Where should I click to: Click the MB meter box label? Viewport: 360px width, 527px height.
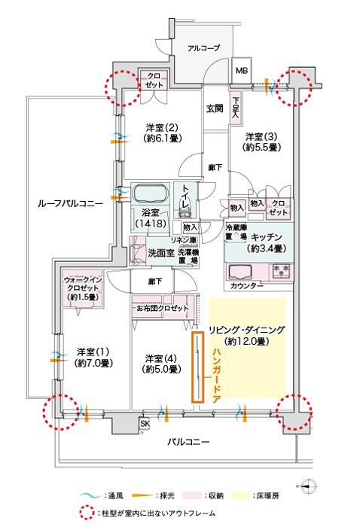(241, 71)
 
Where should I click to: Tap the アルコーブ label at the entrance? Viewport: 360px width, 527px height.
(203, 48)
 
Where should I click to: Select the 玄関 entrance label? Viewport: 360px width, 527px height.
(215, 108)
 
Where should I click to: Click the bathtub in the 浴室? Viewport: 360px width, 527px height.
(150, 194)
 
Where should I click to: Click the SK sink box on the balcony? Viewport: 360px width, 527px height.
(145, 424)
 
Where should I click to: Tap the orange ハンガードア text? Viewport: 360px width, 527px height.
(216, 376)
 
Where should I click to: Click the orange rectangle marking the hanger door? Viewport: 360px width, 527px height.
(197, 367)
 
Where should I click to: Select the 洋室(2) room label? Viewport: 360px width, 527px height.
(162, 133)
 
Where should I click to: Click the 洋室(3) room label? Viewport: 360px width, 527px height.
(261, 142)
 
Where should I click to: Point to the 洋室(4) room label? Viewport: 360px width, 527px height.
(162, 364)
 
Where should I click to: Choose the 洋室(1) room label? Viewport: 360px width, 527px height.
(93, 358)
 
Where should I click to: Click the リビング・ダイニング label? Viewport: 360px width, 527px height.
(247, 330)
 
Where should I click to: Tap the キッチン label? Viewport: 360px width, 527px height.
(266, 237)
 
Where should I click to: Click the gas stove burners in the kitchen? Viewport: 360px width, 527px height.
(281, 271)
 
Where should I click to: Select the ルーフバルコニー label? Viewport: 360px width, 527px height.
(70, 204)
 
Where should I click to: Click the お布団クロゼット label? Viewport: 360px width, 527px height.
(163, 308)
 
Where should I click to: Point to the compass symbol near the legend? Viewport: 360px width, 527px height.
(309, 486)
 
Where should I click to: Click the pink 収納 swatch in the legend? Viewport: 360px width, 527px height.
(193, 495)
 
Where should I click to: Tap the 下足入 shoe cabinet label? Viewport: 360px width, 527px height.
(236, 107)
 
